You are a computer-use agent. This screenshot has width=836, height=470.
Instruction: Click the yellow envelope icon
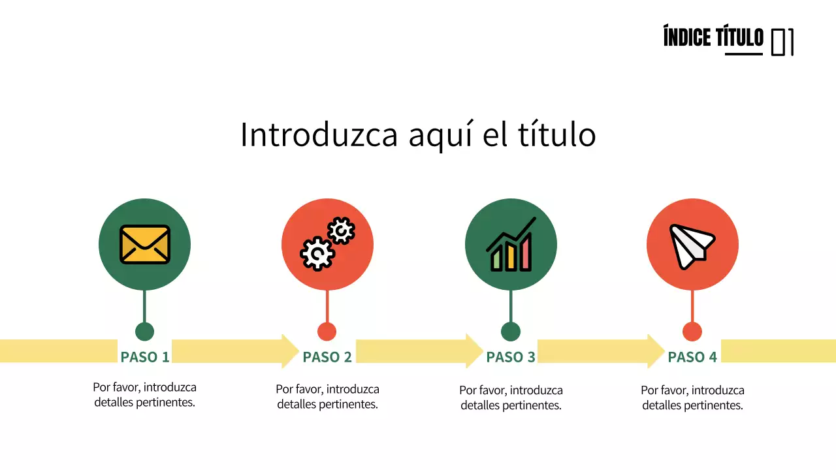coord(144,245)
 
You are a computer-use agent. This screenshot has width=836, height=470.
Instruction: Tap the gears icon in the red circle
coord(327,245)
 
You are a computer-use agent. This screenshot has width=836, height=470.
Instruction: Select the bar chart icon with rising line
coord(511,245)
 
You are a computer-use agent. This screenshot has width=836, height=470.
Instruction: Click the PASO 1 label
coord(144,357)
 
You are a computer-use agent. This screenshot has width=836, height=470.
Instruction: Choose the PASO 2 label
coord(327,357)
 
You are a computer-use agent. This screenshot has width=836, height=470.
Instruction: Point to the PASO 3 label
coord(511,357)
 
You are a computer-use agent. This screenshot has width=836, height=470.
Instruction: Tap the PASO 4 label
coord(692,357)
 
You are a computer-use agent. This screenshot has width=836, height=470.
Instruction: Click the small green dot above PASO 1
coord(144,332)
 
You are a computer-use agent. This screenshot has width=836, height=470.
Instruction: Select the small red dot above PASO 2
coord(327,332)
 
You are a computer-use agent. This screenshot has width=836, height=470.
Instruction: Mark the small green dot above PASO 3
coord(511,332)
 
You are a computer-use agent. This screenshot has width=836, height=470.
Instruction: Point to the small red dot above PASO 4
coord(692,332)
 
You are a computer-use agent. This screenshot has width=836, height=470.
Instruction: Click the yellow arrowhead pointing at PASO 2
coord(290,351)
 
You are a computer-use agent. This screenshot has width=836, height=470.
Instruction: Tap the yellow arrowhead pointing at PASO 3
coord(474,351)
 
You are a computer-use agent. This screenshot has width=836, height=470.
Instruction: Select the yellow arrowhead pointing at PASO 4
coord(656,351)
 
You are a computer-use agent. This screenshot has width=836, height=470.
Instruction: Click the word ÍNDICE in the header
coord(686,38)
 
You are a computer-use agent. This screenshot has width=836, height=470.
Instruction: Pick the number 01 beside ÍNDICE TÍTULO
coord(782,42)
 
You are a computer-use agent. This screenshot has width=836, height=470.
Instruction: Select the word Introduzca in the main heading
coord(319,135)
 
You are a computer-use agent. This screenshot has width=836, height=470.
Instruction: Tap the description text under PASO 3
coord(511,398)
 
